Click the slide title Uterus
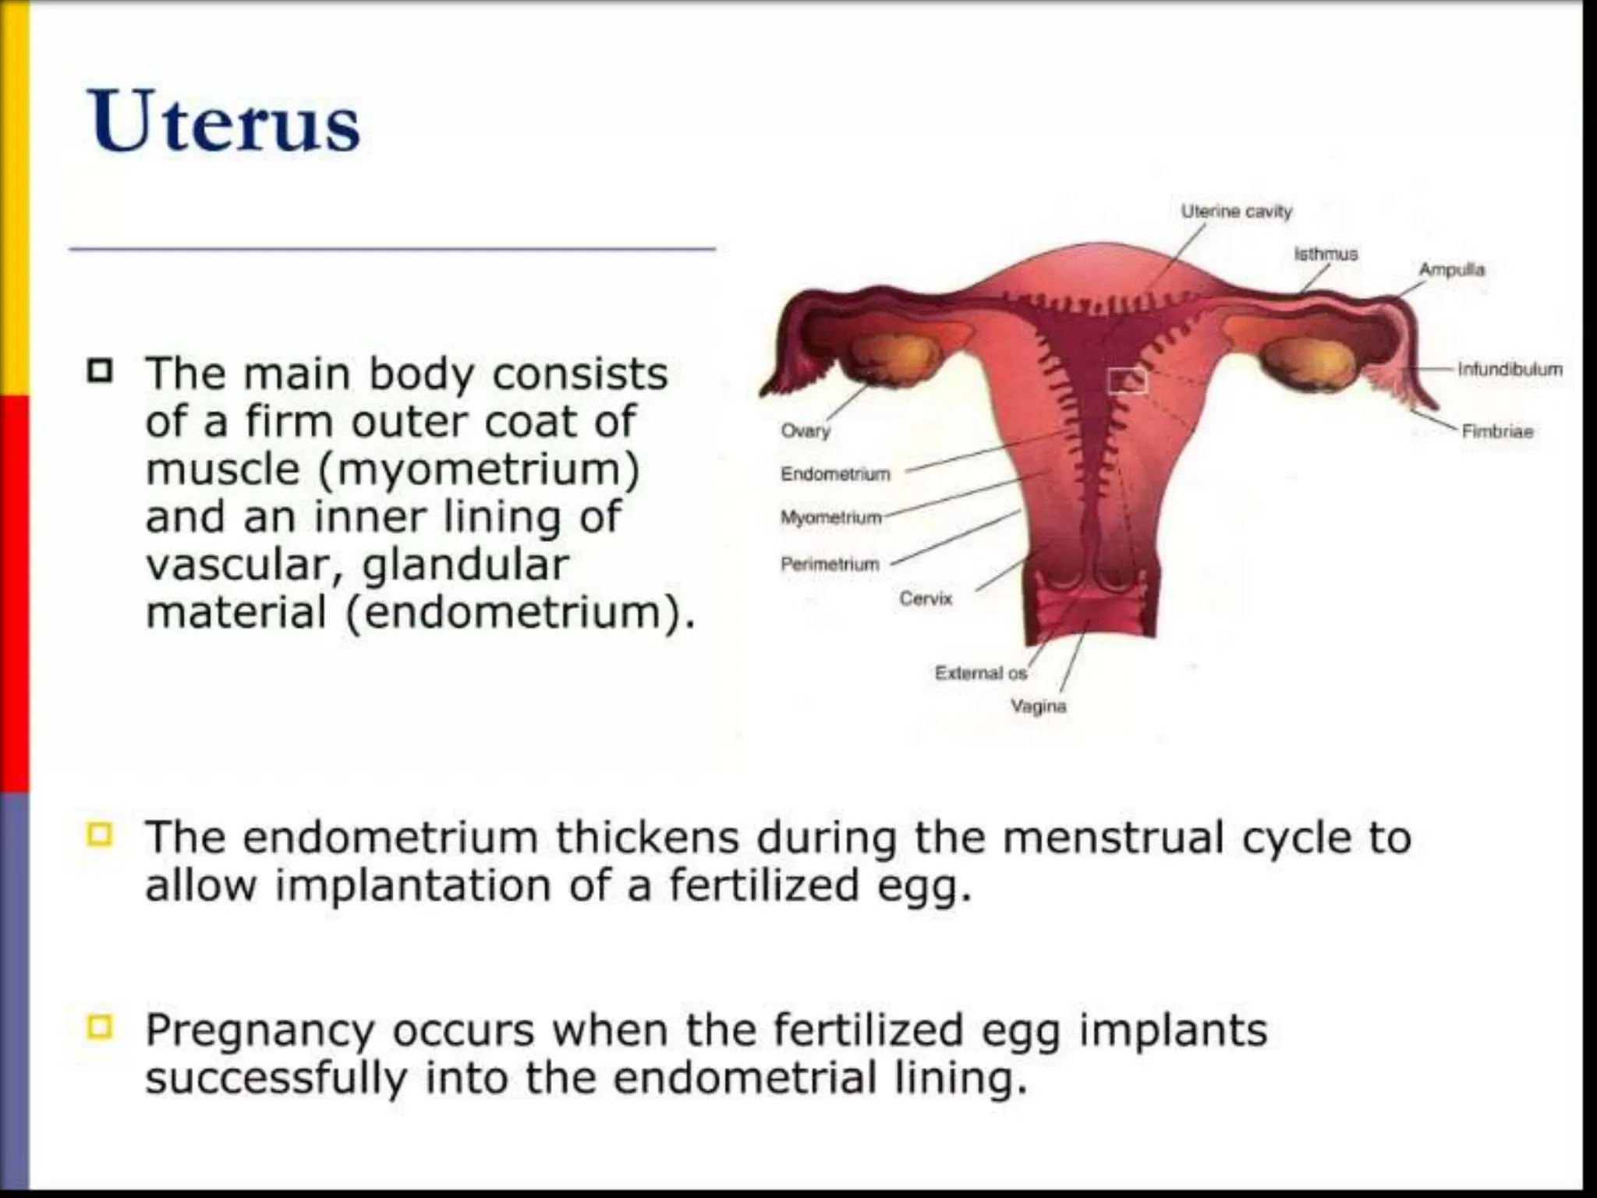225,123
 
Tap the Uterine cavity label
1236,211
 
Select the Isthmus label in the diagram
1326,253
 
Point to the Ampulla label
1451,270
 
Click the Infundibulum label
1510,369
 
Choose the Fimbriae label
1497,431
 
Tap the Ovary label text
806,431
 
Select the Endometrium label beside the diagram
835,474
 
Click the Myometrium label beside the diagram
831,518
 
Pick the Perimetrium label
830,564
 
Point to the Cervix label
926,598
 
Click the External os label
981,672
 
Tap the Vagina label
1039,706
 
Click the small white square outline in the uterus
1128,381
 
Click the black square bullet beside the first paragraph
100,371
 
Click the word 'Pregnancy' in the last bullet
260,1031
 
